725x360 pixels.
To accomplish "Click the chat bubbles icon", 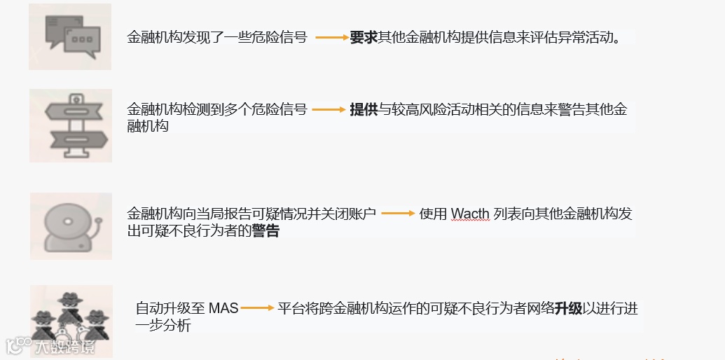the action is click(70, 36).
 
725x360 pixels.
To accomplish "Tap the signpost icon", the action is click(71, 125).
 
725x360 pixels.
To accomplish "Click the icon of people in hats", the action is click(70, 320).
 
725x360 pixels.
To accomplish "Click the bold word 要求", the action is click(364, 37).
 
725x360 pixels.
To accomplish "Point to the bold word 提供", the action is click(364, 110).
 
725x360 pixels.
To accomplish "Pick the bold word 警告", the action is click(265, 231).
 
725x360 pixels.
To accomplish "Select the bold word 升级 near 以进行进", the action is click(568, 308).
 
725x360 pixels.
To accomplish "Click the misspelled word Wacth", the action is click(470, 214).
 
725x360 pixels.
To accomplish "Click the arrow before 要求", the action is click(331, 37).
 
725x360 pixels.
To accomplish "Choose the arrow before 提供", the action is click(329, 110).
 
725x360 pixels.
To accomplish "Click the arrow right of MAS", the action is click(256, 308).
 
